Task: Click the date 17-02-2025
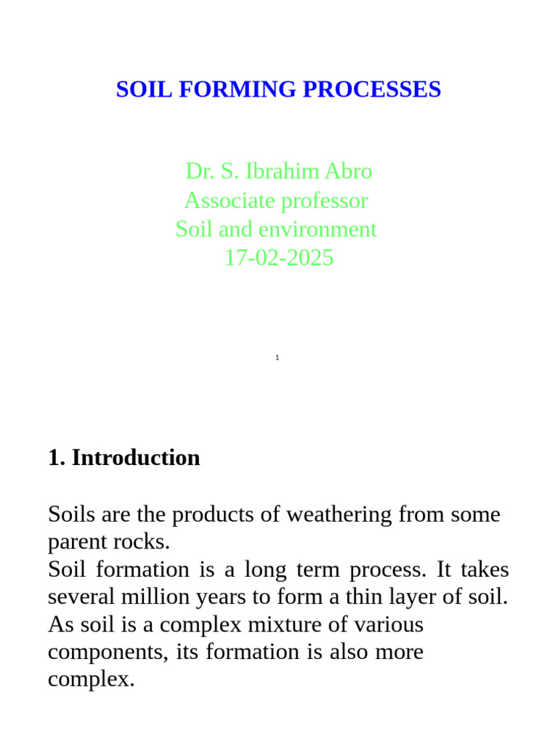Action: pos(279,258)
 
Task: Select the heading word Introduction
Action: pos(136,458)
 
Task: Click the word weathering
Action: pos(340,515)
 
